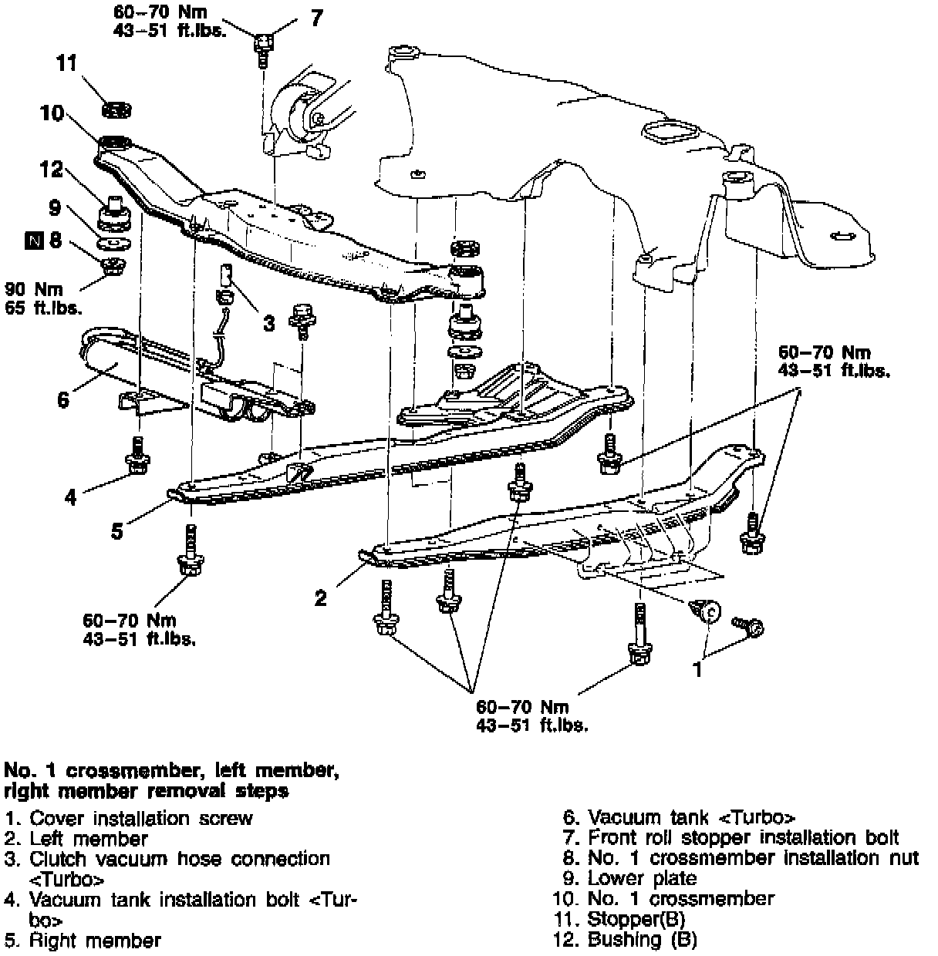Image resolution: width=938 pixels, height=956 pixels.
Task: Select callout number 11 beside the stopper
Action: point(67,63)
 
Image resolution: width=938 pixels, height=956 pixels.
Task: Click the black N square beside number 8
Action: point(33,241)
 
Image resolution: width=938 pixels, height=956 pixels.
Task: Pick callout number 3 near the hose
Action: point(268,323)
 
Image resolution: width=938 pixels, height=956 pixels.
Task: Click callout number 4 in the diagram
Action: point(71,497)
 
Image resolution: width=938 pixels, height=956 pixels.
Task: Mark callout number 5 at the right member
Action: point(116,531)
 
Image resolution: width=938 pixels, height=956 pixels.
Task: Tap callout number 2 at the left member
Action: point(321,597)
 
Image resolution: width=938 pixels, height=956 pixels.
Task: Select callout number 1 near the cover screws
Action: point(698,669)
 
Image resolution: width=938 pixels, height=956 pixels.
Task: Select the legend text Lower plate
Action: point(642,877)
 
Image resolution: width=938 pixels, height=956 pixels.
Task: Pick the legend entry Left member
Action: point(88,838)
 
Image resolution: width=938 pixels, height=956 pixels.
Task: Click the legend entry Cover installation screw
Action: point(140,817)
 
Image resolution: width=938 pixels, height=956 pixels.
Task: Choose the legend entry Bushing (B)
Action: point(642,939)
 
